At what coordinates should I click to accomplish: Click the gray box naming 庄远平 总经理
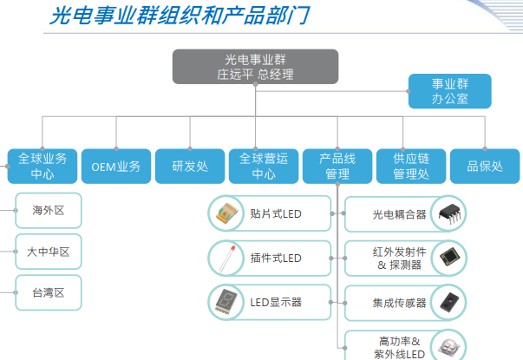tap(255, 67)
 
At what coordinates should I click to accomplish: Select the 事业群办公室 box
tap(449, 91)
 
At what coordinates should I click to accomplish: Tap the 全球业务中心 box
tap(42, 167)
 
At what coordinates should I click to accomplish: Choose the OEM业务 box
tap(116, 167)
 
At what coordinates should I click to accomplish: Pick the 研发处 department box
tap(190, 167)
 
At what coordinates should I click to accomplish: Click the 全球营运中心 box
tap(264, 167)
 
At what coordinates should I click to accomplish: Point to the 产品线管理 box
tap(337, 167)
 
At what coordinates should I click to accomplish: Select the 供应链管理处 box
tap(411, 167)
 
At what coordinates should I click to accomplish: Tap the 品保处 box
tap(485, 167)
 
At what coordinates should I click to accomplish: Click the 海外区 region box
tap(49, 211)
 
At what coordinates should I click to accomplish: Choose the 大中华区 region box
tap(49, 252)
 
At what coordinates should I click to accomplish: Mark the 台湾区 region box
tap(49, 292)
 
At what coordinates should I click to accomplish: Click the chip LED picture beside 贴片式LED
tap(226, 213)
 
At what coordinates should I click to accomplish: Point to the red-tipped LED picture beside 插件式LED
tap(227, 259)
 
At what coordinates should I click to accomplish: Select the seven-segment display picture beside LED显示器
tap(226, 302)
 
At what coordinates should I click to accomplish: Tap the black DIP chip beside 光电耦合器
tap(449, 213)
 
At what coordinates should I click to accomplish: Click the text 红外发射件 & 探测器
tap(399, 259)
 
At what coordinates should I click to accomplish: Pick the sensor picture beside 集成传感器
tap(449, 302)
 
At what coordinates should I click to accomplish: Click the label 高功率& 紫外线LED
tap(399, 347)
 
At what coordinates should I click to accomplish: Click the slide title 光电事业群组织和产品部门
tap(180, 16)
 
